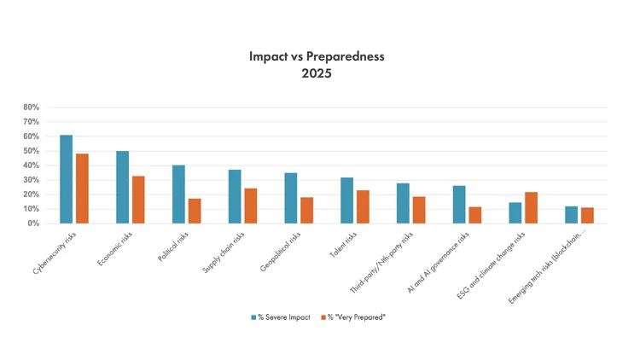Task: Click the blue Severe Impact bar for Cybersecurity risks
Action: pyautogui.click(x=66, y=179)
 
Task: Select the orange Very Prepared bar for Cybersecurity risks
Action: pyautogui.click(x=82, y=189)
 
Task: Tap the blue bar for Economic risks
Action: pyautogui.click(x=122, y=187)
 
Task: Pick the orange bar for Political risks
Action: pyautogui.click(x=195, y=211)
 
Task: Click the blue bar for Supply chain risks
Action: pyautogui.click(x=235, y=196)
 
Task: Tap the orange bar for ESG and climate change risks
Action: pyautogui.click(x=531, y=207)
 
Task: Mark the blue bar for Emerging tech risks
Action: pyautogui.click(x=571, y=215)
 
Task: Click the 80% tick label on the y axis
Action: pyautogui.click(x=32, y=107)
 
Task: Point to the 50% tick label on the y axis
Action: pyautogui.click(x=32, y=151)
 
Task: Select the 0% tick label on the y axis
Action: pyautogui.click(x=34, y=224)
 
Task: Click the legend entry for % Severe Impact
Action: pyautogui.click(x=282, y=317)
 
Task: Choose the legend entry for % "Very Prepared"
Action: pyautogui.click(x=354, y=317)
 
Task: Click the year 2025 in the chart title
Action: pyautogui.click(x=317, y=73)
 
